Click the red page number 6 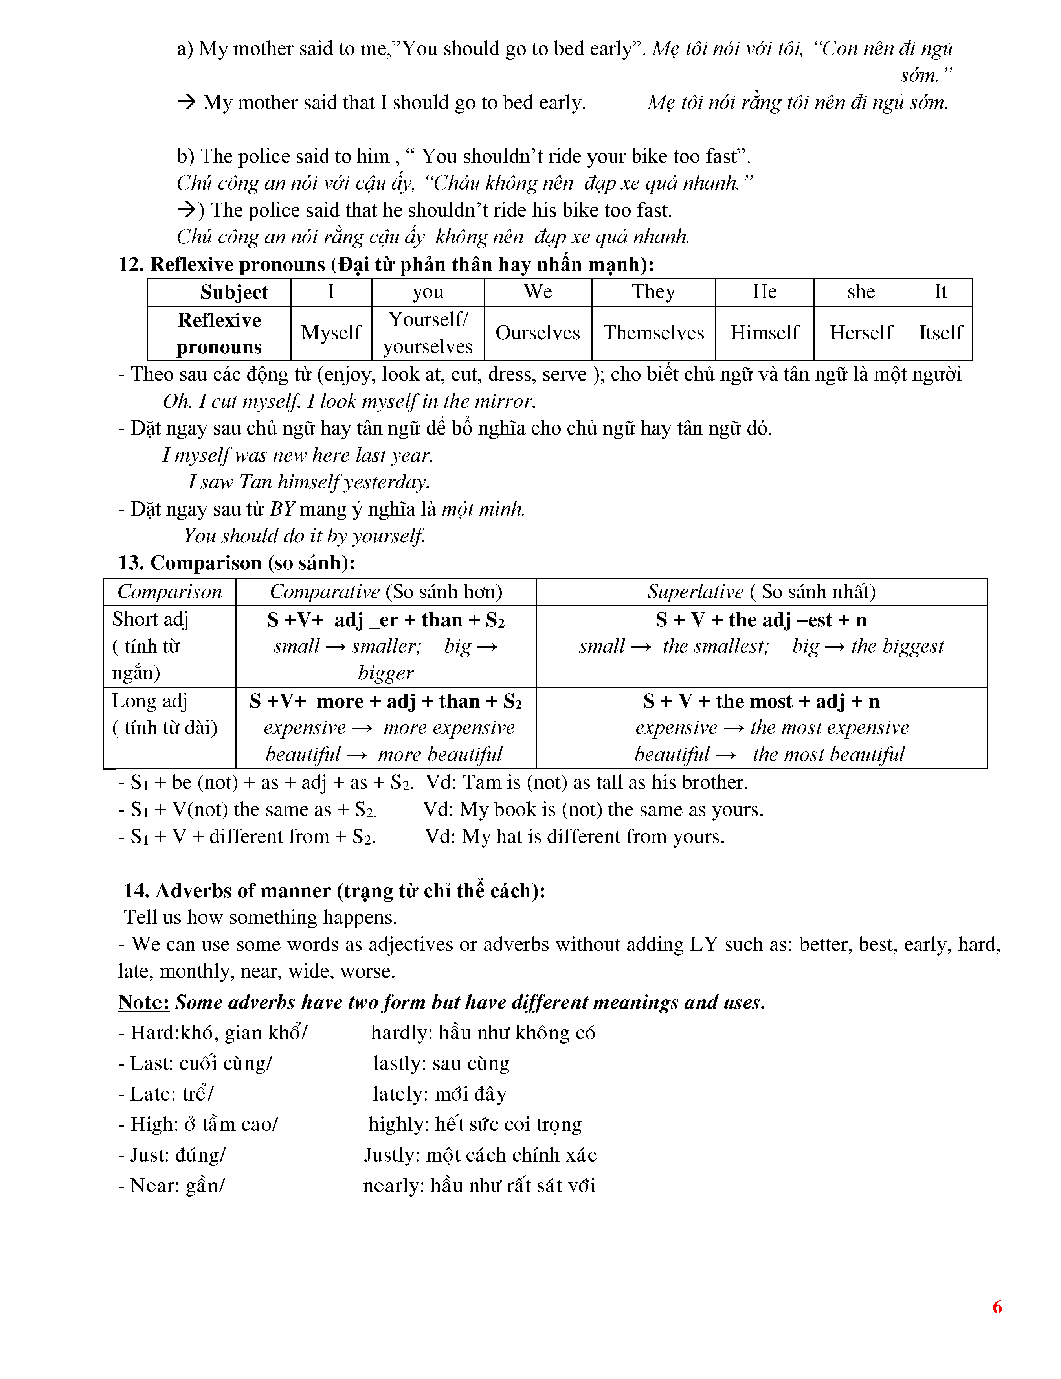click(x=997, y=1306)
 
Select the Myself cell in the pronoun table click(x=331, y=333)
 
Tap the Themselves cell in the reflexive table click(x=653, y=333)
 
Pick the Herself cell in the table click(x=860, y=333)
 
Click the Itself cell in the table click(x=940, y=333)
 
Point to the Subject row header click(x=233, y=292)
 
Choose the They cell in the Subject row click(x=653, y=292)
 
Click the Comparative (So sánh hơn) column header click(x=385, y=592)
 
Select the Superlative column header click(x=761, y=592)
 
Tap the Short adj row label click(x=150, y=619)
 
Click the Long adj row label click(x=150, y=701)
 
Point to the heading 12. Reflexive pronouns click(x=385, y=264)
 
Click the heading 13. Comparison click(x=237, y=563)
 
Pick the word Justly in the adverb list click(x=390, y=1155)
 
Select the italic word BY click(x=282, y=509)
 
